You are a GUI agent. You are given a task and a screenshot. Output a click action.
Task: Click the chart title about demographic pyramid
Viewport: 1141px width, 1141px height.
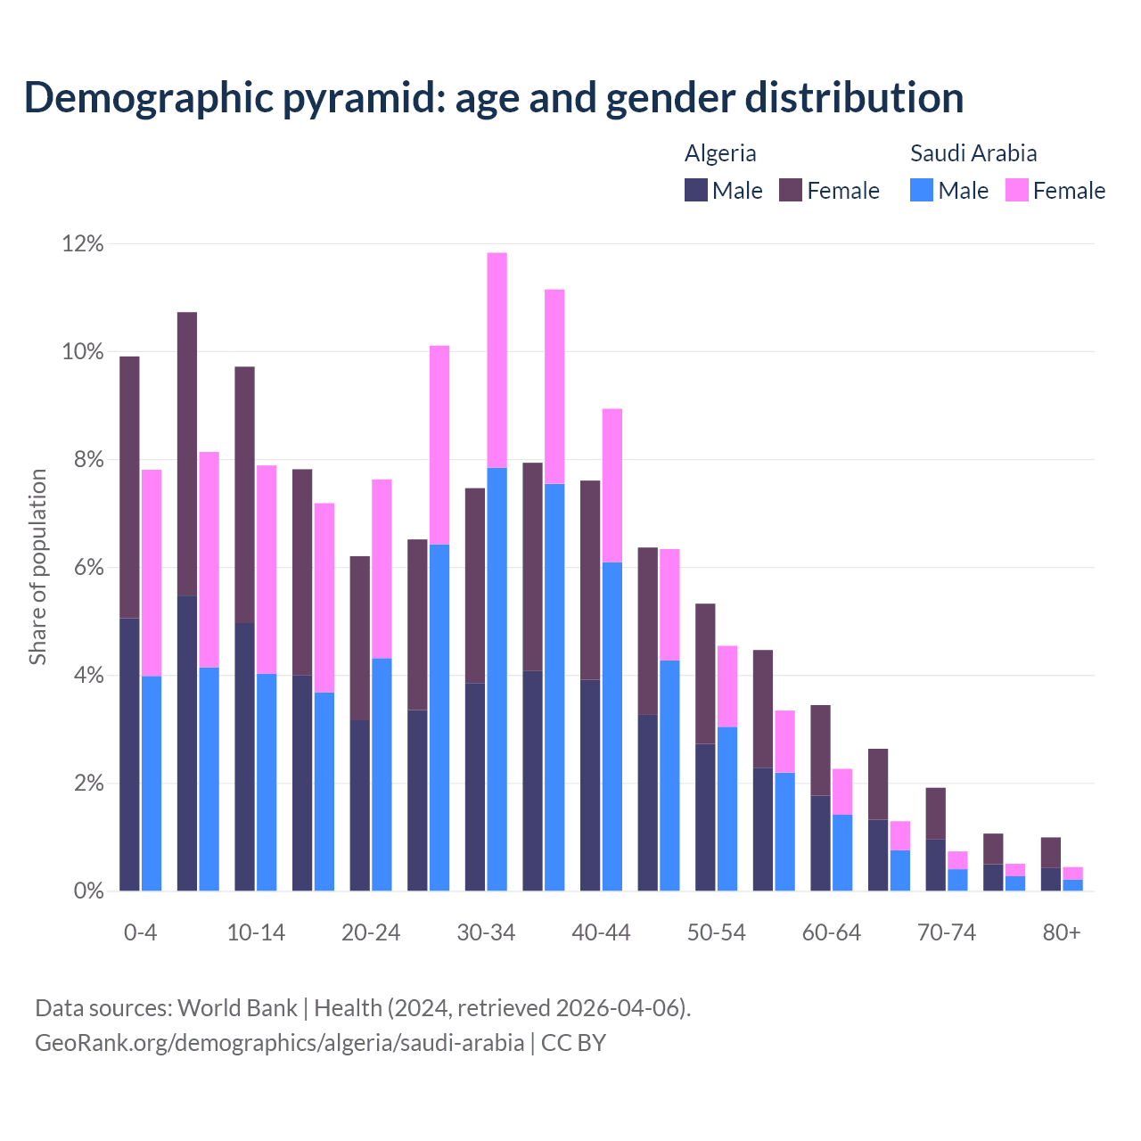[494, 97]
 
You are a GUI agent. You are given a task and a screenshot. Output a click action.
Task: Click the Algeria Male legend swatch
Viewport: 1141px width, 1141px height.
[696, 190]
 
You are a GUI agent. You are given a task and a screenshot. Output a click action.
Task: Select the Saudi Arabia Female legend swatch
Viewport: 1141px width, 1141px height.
[1016, 190]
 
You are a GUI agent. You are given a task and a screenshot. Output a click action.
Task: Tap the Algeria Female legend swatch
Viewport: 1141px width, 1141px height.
[791, 190]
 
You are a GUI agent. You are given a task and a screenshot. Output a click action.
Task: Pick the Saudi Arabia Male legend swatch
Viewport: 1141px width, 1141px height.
[922, 190]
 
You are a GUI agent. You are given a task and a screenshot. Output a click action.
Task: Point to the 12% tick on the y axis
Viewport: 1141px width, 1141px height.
[83, 243]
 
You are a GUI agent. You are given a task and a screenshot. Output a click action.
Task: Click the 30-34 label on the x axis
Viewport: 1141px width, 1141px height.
[486, 932]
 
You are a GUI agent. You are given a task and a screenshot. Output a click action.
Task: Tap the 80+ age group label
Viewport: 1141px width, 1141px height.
[1062, 932]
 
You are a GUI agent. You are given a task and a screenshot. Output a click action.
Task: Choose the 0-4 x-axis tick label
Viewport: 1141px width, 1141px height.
[140, 932]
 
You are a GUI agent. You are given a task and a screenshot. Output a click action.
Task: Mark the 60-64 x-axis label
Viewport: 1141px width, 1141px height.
[832, 932]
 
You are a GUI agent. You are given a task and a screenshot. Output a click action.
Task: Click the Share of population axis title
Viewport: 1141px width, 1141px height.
[37, 567]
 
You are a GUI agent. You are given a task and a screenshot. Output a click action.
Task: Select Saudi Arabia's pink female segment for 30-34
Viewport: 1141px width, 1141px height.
[497, 360]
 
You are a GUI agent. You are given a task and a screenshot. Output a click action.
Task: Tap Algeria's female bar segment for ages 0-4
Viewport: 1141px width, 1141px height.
[129, 487]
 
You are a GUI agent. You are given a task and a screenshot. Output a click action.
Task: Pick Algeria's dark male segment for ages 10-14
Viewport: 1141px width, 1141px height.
[244, 757]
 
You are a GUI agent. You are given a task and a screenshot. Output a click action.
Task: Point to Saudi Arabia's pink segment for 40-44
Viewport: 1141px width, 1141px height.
[612, 485]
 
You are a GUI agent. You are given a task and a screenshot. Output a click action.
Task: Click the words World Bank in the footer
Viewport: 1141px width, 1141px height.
[237, 1008]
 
